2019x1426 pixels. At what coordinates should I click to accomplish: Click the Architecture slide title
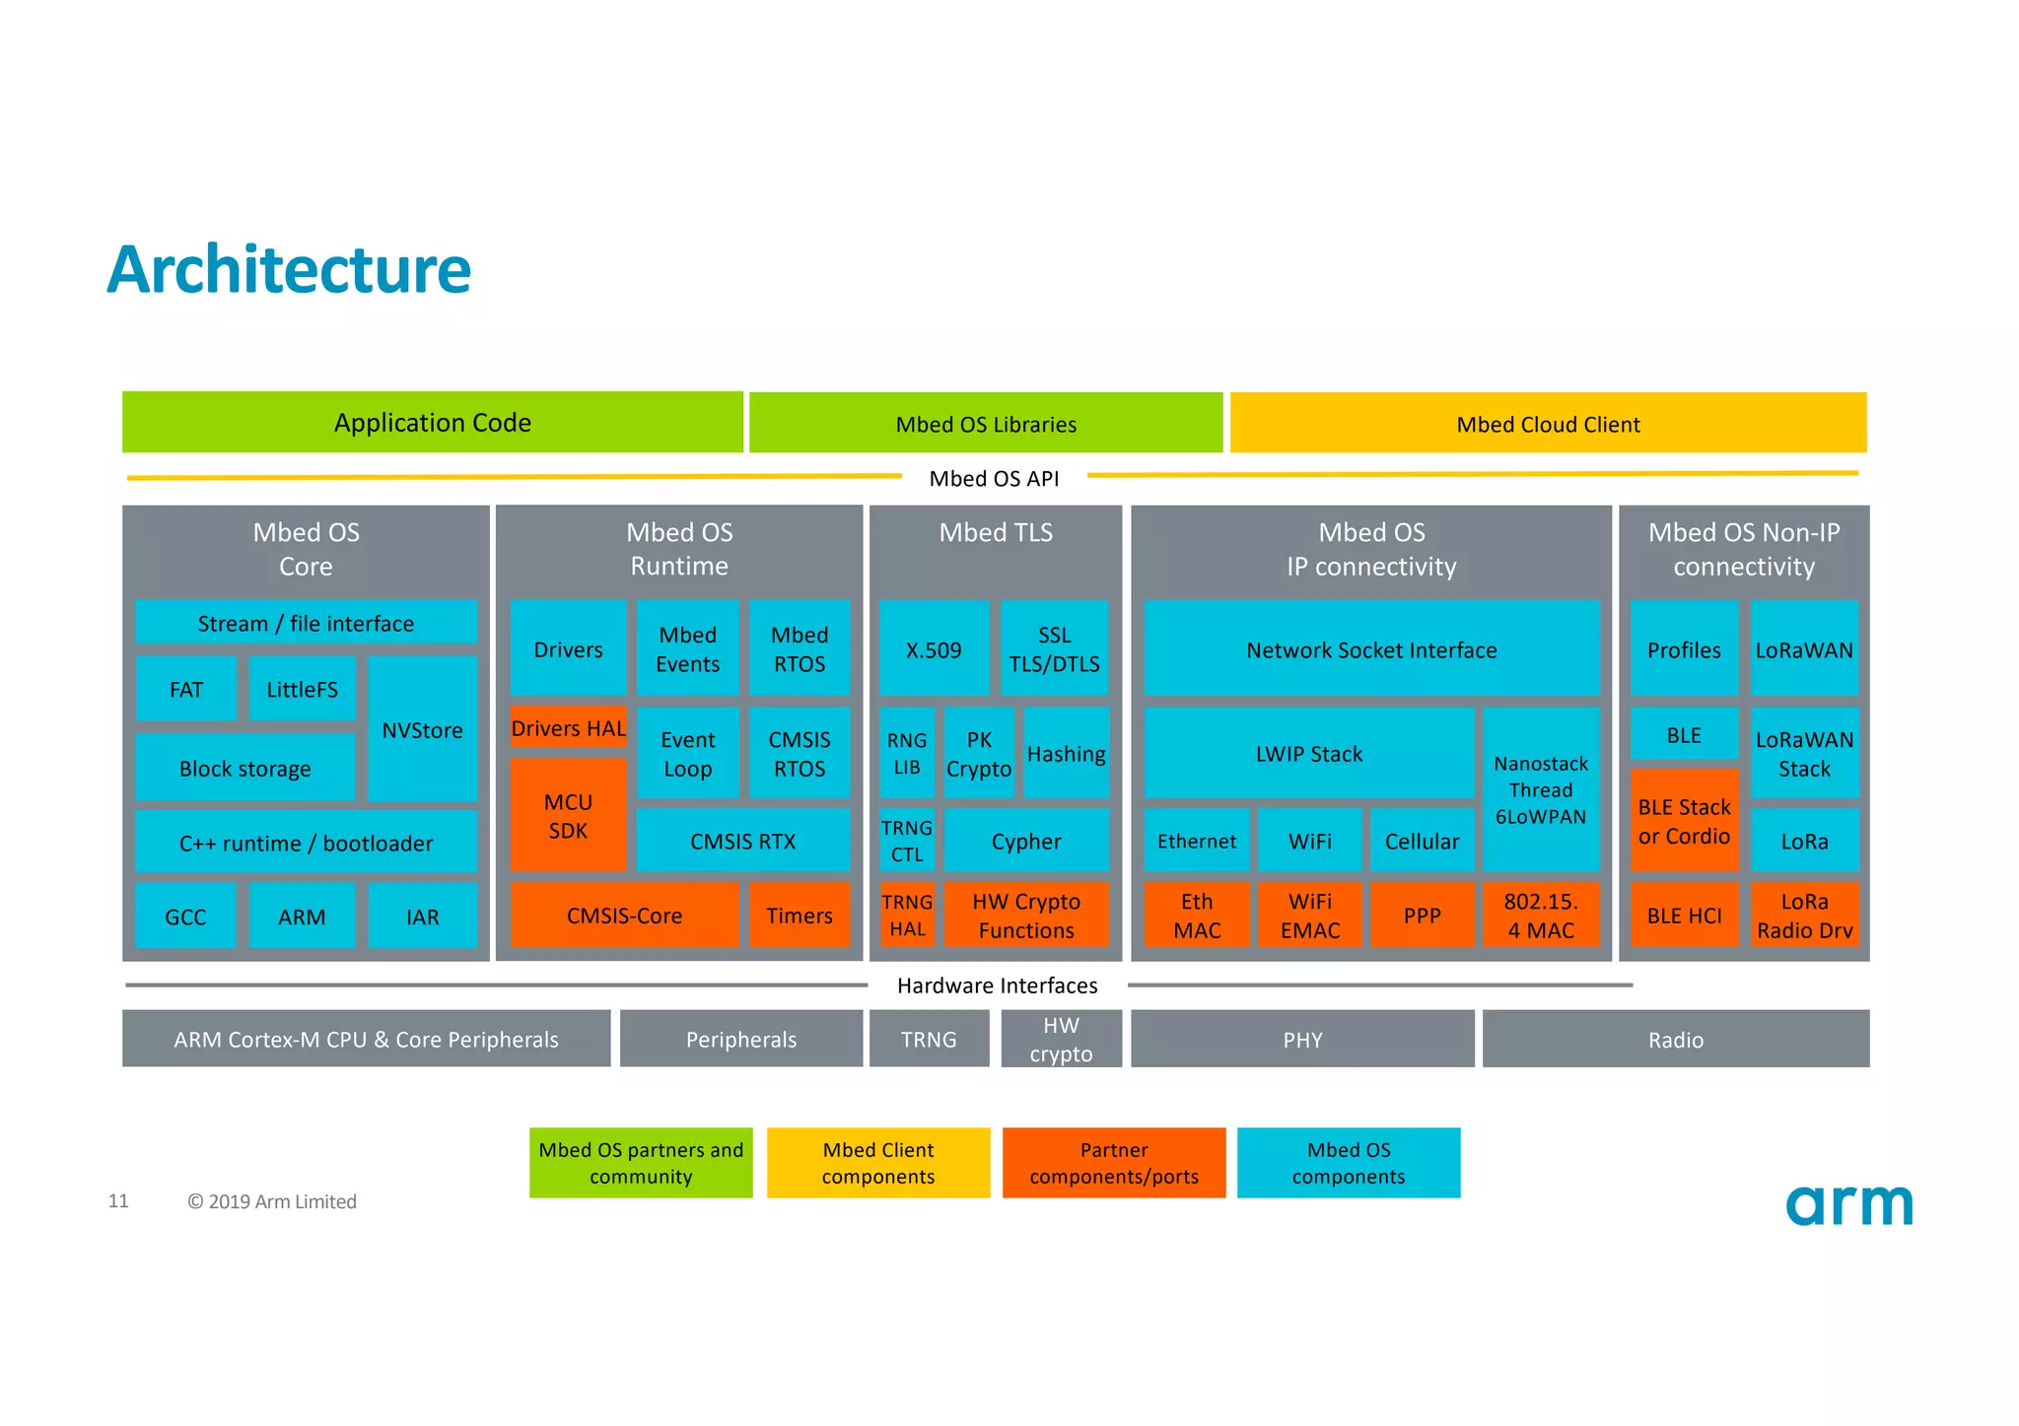pyautogui.click(x=289, y=270)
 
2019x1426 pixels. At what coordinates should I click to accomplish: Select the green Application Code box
pyautogui.click(x=432, y=423)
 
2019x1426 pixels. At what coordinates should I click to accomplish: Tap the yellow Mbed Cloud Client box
pyautogui.click(x=1548, y=424)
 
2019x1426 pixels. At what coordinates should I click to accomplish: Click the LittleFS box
pyautogui.click(x=302, y=689)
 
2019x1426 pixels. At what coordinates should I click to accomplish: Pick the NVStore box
pyautogui.click(x=422, y=729)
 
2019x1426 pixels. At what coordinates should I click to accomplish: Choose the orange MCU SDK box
pyautogui.click(x=568, y=816)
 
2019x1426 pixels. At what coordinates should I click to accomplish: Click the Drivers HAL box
pyautogui.click(x=568, y=727)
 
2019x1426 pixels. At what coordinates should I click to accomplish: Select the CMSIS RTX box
pyautogui.click(x=742, y=841)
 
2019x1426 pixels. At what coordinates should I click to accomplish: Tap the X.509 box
pyautogui.click(x=934, y=649)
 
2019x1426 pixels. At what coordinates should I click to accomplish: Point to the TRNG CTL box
pyautogui.click(x=906, y=841)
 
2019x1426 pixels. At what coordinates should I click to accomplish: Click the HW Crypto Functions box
pyautogui.click(x=1026, y=915)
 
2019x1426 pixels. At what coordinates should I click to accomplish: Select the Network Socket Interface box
pyautogui.click(x=1371, y=649)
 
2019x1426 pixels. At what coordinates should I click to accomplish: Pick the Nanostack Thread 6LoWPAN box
pyautogui.click(x=1540, y=789)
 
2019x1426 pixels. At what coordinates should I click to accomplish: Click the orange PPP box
pyautogui.click(x=1422, y=915)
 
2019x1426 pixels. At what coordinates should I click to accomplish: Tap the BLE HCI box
pyautogui.click(x=1684, y=915)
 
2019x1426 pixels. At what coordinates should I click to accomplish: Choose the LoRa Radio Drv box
pyautogui.click(x=1804, y=915)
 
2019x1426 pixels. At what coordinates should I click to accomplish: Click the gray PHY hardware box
pyautogui.click(x=1302, y=1039)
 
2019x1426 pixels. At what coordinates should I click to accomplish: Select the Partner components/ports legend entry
pyautogui.click(x=1114, y=1163)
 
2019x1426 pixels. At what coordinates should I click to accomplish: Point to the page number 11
pyautogui.click(x=118, y=1200)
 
